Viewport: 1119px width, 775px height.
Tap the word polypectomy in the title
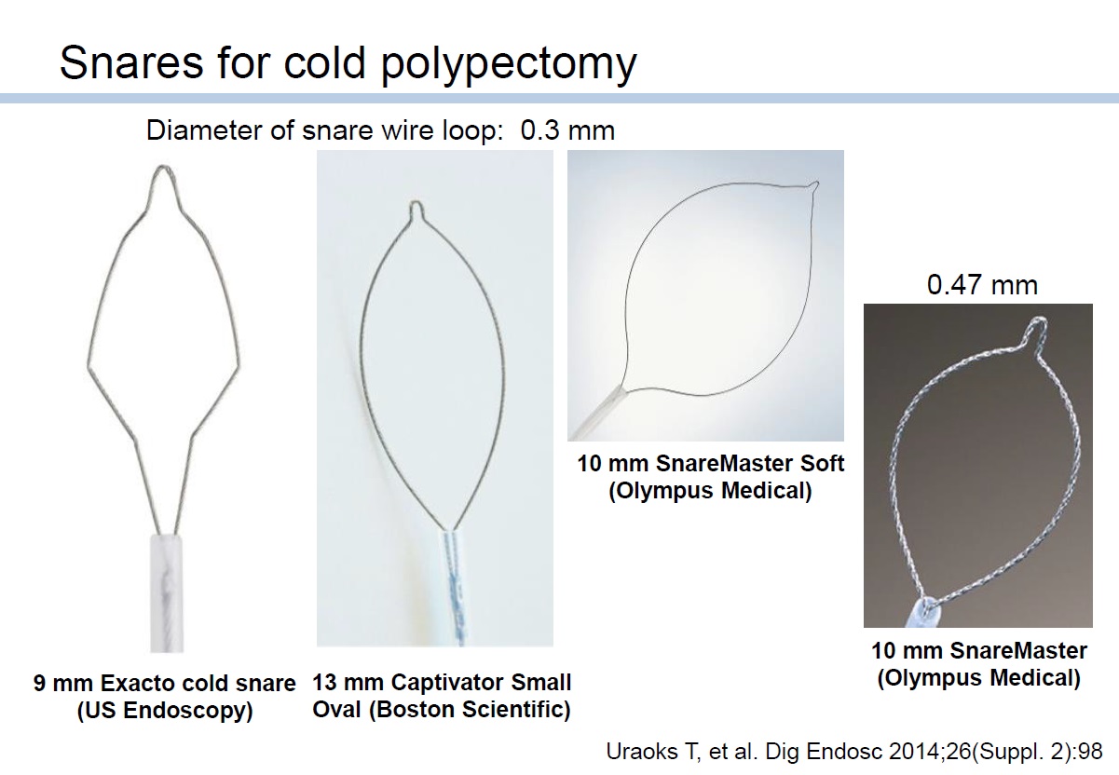click(x=509, y=65)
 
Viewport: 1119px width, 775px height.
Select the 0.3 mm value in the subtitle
click(x=567, y=130)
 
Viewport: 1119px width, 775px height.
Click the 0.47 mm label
click(x=982, y=285)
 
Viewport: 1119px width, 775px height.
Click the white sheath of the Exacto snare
click(x=167, y=593)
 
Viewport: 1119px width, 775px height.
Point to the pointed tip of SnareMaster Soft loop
click(x=816, y=183)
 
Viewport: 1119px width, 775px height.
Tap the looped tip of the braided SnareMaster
click(x=1038, y=325)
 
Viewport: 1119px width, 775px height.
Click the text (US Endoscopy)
click(x=165, y=710)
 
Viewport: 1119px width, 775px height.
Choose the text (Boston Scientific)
click(x=471, y=709)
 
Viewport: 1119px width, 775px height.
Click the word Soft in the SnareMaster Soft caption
click(x=822, y=463)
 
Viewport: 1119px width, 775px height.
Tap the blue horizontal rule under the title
click(x=559, y=99)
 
